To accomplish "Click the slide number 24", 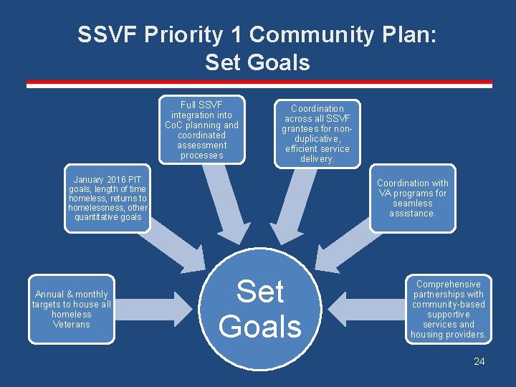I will point(479,361).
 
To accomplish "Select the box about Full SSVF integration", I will point(202,130).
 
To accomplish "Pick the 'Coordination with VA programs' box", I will point(412,199).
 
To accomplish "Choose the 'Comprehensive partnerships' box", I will point(448,309).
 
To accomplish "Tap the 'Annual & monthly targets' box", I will point(72,309).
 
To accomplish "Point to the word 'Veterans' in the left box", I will point(72,325).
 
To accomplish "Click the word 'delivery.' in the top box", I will point(316,159).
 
